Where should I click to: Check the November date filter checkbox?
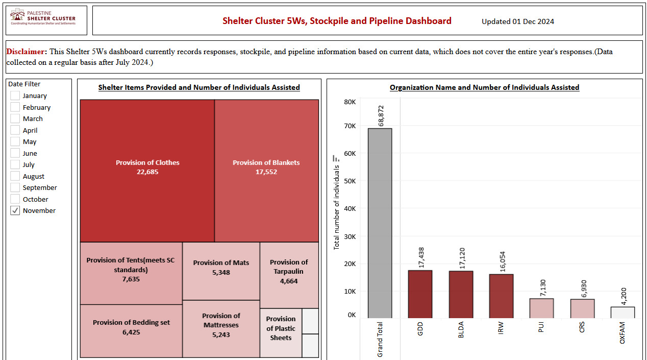(15, 210)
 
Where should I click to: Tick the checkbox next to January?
(15, 95)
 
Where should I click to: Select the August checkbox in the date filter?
(15, 176)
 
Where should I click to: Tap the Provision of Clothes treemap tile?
(147, 171)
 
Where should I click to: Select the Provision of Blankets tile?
(266, 171)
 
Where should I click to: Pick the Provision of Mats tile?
(221, 271)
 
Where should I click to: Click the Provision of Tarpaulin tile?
(289, 275)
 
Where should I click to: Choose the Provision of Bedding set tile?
(131, 331)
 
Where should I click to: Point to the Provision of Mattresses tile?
(221, 329)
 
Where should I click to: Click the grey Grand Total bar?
(380, 223)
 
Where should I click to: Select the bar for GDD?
(420, 294)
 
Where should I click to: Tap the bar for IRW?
(501, 296)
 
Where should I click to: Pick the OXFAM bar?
(623, 313)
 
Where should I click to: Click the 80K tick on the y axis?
(350, 102)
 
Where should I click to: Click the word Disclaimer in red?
(27, 52)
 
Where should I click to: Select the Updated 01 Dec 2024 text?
(517, 21)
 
